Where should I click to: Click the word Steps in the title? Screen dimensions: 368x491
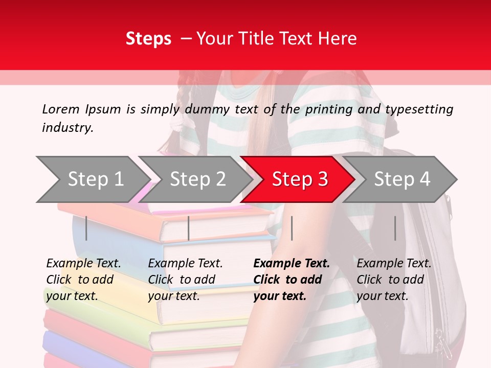(148, 39)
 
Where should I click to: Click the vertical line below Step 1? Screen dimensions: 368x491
(86, 228)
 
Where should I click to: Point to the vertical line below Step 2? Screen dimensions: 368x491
(189, 228)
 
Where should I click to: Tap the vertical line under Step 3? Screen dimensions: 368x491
(292, 228)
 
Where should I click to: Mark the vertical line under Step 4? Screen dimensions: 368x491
(395, 228)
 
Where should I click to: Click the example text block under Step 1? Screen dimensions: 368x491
(83, 280)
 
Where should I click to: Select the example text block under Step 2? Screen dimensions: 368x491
(185, 280)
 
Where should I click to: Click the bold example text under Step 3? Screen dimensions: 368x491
(292, 280)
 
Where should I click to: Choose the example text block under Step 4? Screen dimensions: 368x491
(394, 280)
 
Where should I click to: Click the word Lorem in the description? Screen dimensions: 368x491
(61, 109)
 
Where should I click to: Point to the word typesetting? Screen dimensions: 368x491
(419, 109)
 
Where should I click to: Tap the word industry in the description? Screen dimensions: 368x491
(67, 127)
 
